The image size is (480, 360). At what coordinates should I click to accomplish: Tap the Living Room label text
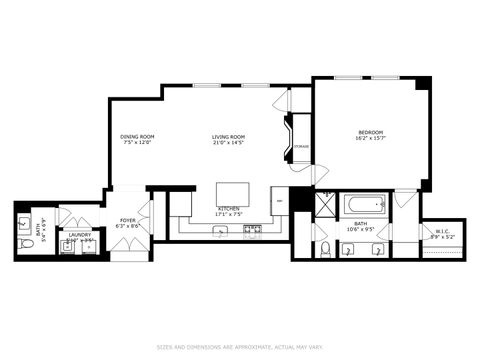pos(228,136)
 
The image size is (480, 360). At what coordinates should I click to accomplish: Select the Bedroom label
pos(371,132)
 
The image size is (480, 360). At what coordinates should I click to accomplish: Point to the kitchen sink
pos(221,231)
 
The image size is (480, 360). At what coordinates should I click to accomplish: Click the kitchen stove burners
pos(253,230)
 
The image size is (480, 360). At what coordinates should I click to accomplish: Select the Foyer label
pos(128,220)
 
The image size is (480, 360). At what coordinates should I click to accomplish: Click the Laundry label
pos(79,235)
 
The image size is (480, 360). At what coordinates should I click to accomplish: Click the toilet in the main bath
pos(326,247)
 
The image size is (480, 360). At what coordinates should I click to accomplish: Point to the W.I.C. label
pos(442,232)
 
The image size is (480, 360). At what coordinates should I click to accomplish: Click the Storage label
pos(300,147)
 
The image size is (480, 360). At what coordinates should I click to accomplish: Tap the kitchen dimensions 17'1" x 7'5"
pos(228,214)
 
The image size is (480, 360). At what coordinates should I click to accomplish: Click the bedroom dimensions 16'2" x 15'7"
pos(371,138)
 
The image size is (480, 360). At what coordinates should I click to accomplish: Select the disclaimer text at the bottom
pos(239,347)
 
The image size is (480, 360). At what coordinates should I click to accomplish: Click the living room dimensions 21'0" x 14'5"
pos(228,142)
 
